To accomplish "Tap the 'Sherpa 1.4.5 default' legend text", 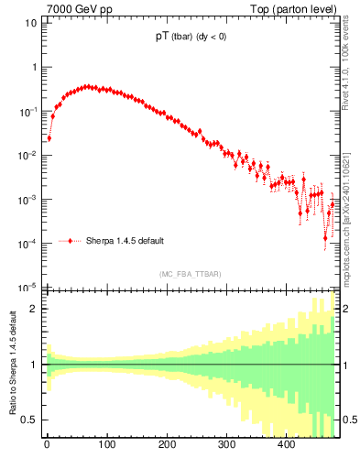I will pyautogui.click(x=125, y=241).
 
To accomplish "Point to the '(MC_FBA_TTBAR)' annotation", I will pyautogui.click(x=191, y=274).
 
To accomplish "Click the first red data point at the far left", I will pyautogui.click(x=49, y=138).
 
